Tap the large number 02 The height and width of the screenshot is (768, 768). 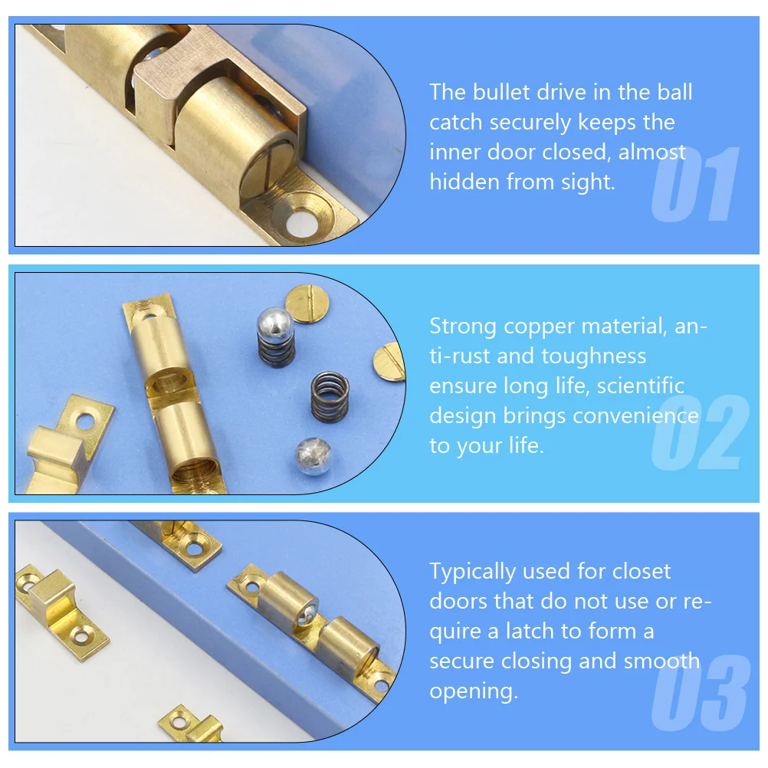point(698,433)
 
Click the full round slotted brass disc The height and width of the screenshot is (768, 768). point(307,302)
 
